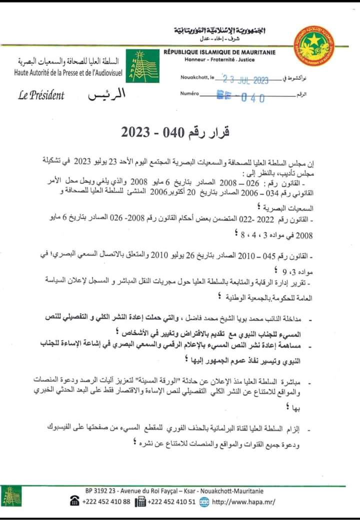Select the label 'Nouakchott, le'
(197, 78)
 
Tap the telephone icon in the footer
(75, 502)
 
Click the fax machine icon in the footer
(140, 502)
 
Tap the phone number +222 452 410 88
(106, 502)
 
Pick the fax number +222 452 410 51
(172, 502)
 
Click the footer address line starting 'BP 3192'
(174, 492)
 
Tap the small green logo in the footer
(11, 497)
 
